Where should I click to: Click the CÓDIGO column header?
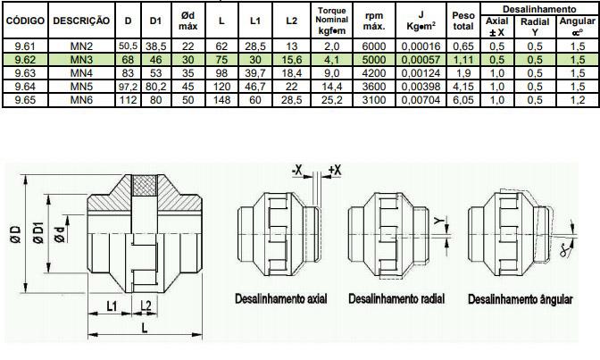tap(25, 21)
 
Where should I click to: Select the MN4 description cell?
tap(81, 73)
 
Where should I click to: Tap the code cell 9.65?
tap(25, 100)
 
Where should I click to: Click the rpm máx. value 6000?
tap(374, 46)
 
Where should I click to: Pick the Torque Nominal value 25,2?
tap(331, 100)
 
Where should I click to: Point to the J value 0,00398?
tap(421, 87)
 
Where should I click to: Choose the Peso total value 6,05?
tap(463, 100)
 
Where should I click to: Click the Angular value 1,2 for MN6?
tap(578, 100)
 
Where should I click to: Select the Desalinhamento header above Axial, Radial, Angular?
tap(539, 9)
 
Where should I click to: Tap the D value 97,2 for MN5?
tap(129, 87)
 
